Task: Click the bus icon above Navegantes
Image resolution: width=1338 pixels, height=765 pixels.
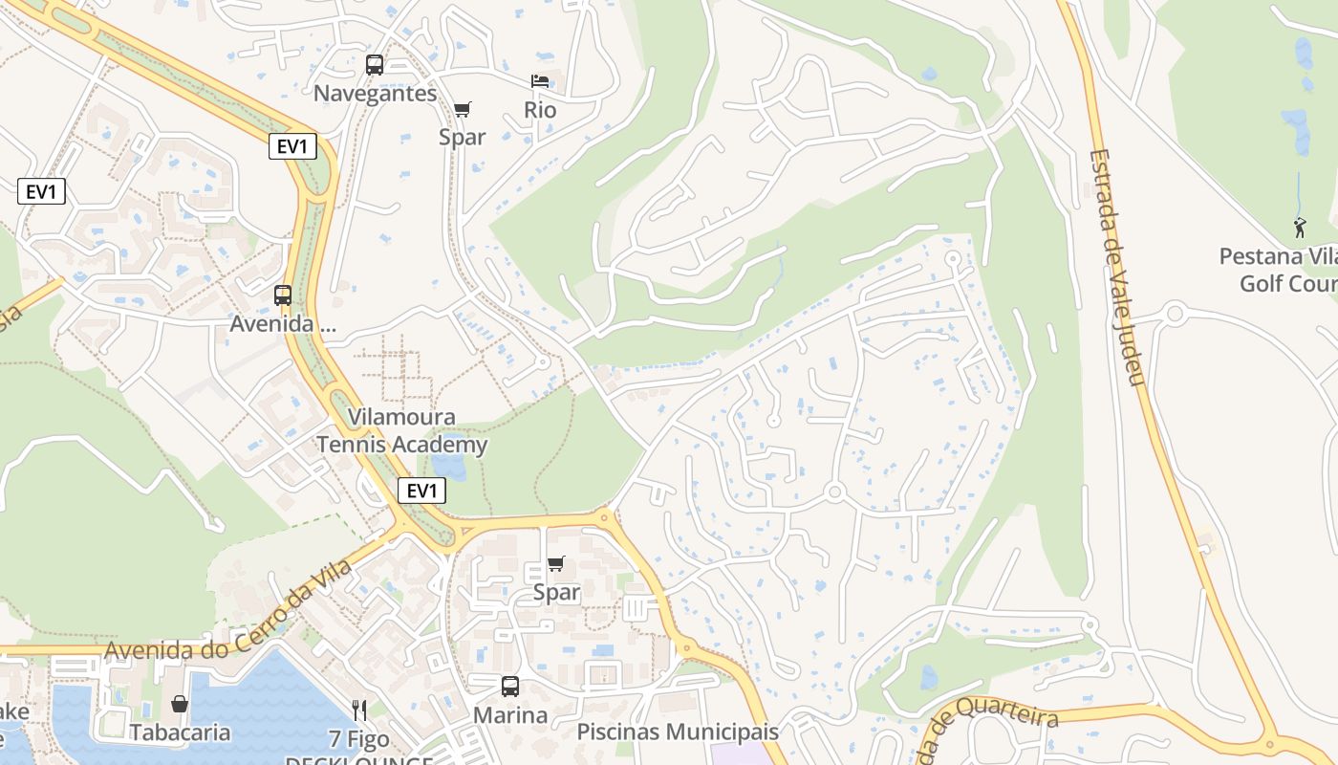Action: [375, 65]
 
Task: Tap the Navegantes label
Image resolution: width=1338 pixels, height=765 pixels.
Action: [375, 94]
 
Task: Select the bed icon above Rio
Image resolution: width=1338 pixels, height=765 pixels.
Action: [540, 81]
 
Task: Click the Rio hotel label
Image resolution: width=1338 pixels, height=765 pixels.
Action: [540, 110]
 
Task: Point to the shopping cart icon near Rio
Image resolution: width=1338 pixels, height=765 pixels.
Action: [463, 109]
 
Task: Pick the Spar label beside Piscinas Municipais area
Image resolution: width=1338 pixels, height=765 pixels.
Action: [556, 593]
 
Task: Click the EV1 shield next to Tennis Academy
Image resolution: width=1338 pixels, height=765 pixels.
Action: [421, 492]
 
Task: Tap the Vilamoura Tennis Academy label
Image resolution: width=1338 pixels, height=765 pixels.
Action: [401, 431]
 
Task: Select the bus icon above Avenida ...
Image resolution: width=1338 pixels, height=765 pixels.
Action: [283, 295]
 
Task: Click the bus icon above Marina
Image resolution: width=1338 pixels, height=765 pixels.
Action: [510, 686]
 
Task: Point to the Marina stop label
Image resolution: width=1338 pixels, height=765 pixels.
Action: [510, 715]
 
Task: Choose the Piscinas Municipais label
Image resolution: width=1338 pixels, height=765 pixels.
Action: [678, 732]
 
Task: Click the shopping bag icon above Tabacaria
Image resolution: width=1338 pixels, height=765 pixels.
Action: [180, 704]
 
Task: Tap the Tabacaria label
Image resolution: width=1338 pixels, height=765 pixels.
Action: [180, 732]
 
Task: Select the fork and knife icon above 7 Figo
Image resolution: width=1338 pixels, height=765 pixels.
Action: [359, 710]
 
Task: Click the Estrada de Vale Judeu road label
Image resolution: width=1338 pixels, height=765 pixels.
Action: [1116, 268]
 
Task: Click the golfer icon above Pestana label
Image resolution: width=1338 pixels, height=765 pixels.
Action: [1300, 228]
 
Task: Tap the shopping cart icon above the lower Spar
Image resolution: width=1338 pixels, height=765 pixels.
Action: [556, 564]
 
